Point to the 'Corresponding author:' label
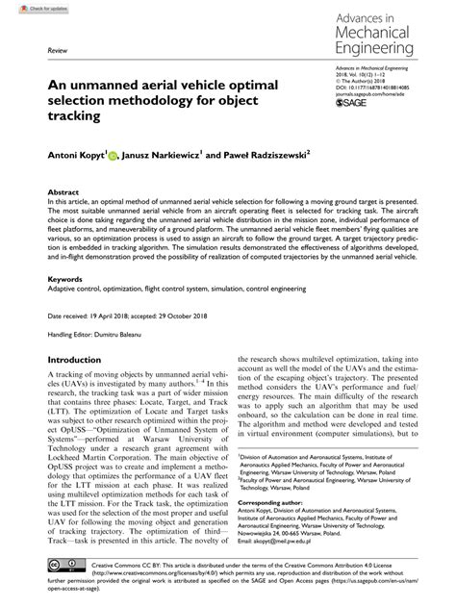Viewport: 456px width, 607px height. click(273, 503)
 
